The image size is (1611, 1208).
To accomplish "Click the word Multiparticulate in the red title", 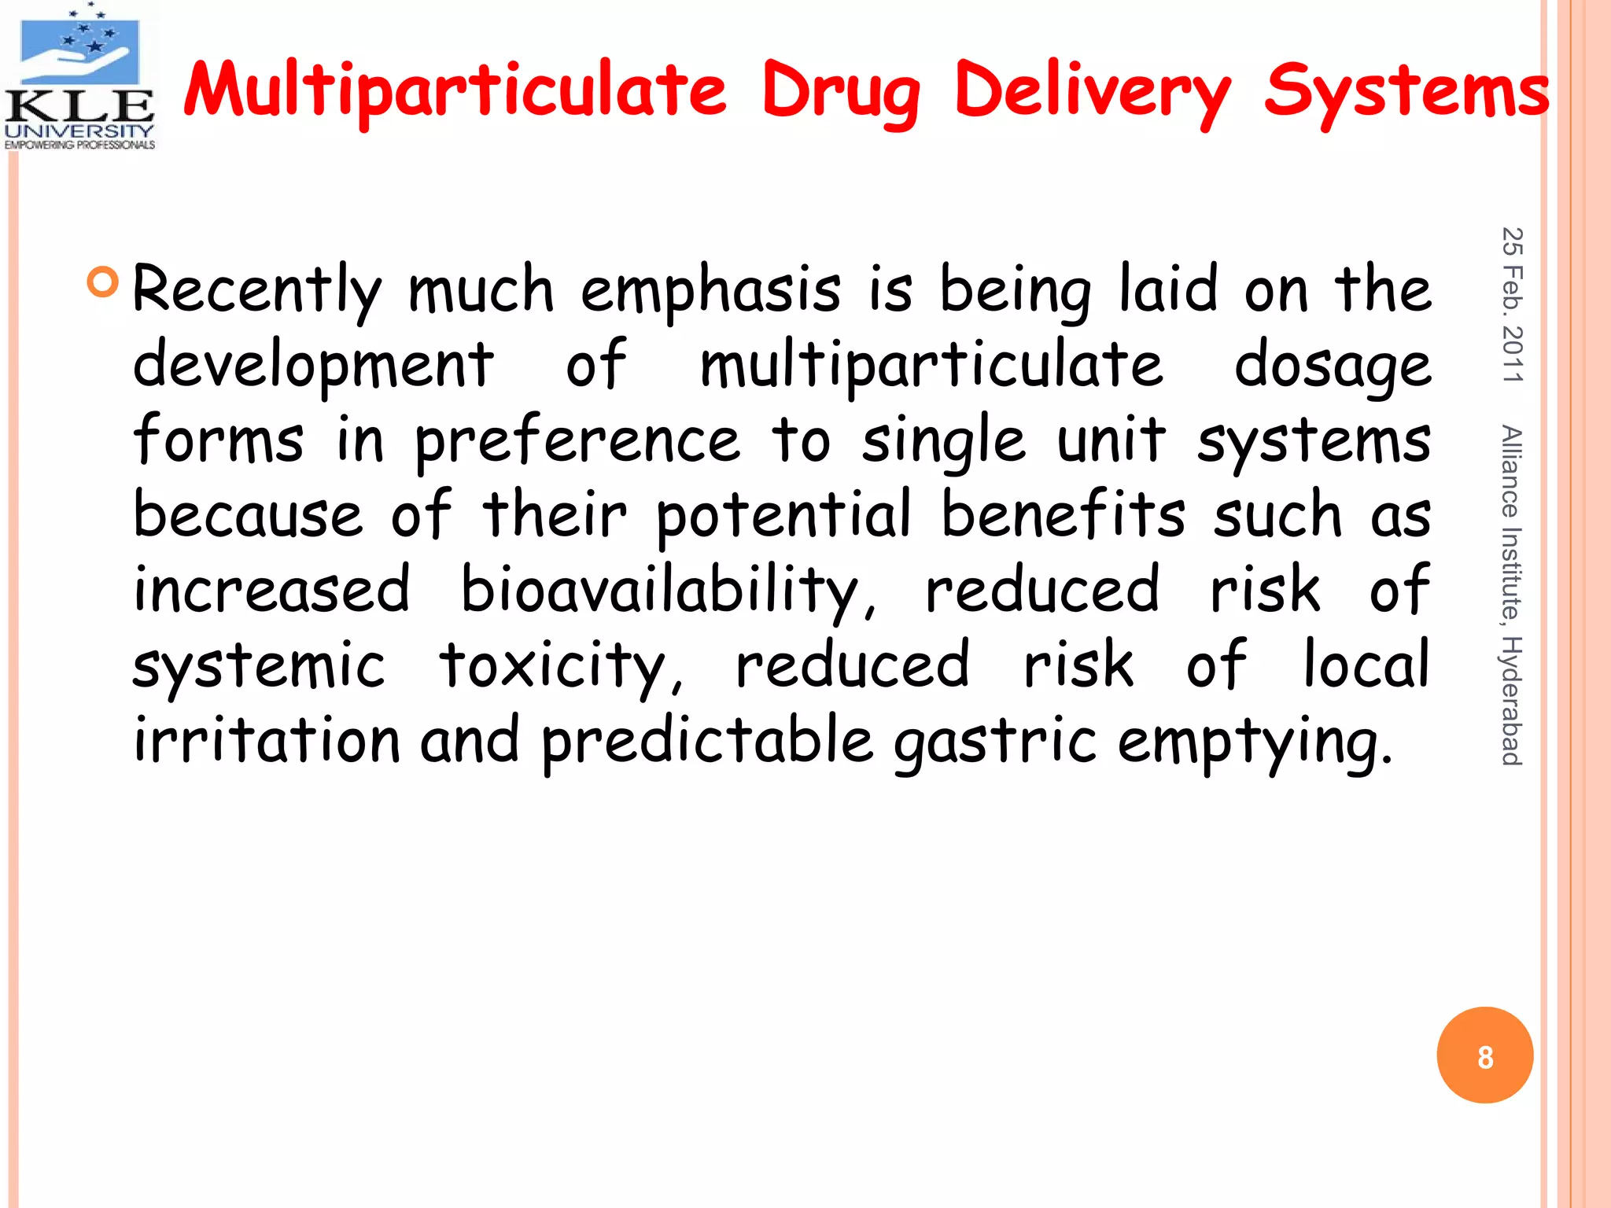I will pos(455,90).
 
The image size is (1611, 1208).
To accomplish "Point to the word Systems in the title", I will pos(1406,90).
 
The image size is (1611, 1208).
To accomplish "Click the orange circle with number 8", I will pos(1484,1055).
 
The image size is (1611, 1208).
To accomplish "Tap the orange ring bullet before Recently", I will pos(103,282).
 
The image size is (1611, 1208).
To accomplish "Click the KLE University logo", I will pos(79,77).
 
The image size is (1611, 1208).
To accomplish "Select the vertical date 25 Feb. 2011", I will pos(1512,305).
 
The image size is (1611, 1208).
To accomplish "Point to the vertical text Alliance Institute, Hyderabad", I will pos(1511,595).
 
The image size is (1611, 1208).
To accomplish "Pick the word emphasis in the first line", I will pos(711,289).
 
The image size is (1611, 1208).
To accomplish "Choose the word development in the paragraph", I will pos(313,365).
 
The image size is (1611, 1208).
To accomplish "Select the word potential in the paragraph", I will pos(783,515).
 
